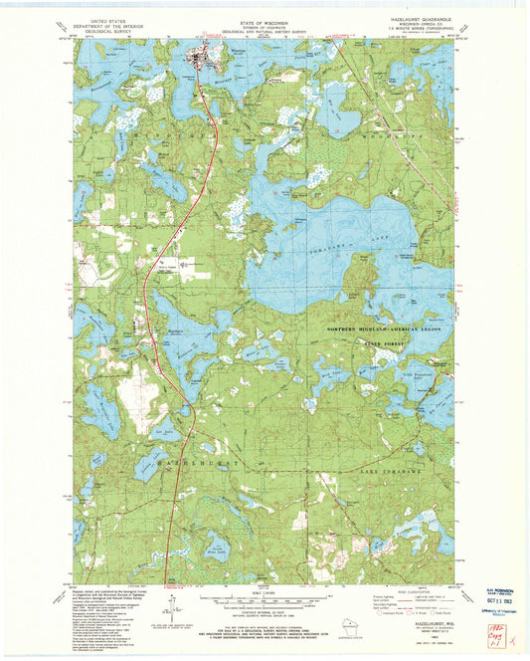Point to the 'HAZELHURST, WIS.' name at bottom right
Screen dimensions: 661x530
coord(426,615)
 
